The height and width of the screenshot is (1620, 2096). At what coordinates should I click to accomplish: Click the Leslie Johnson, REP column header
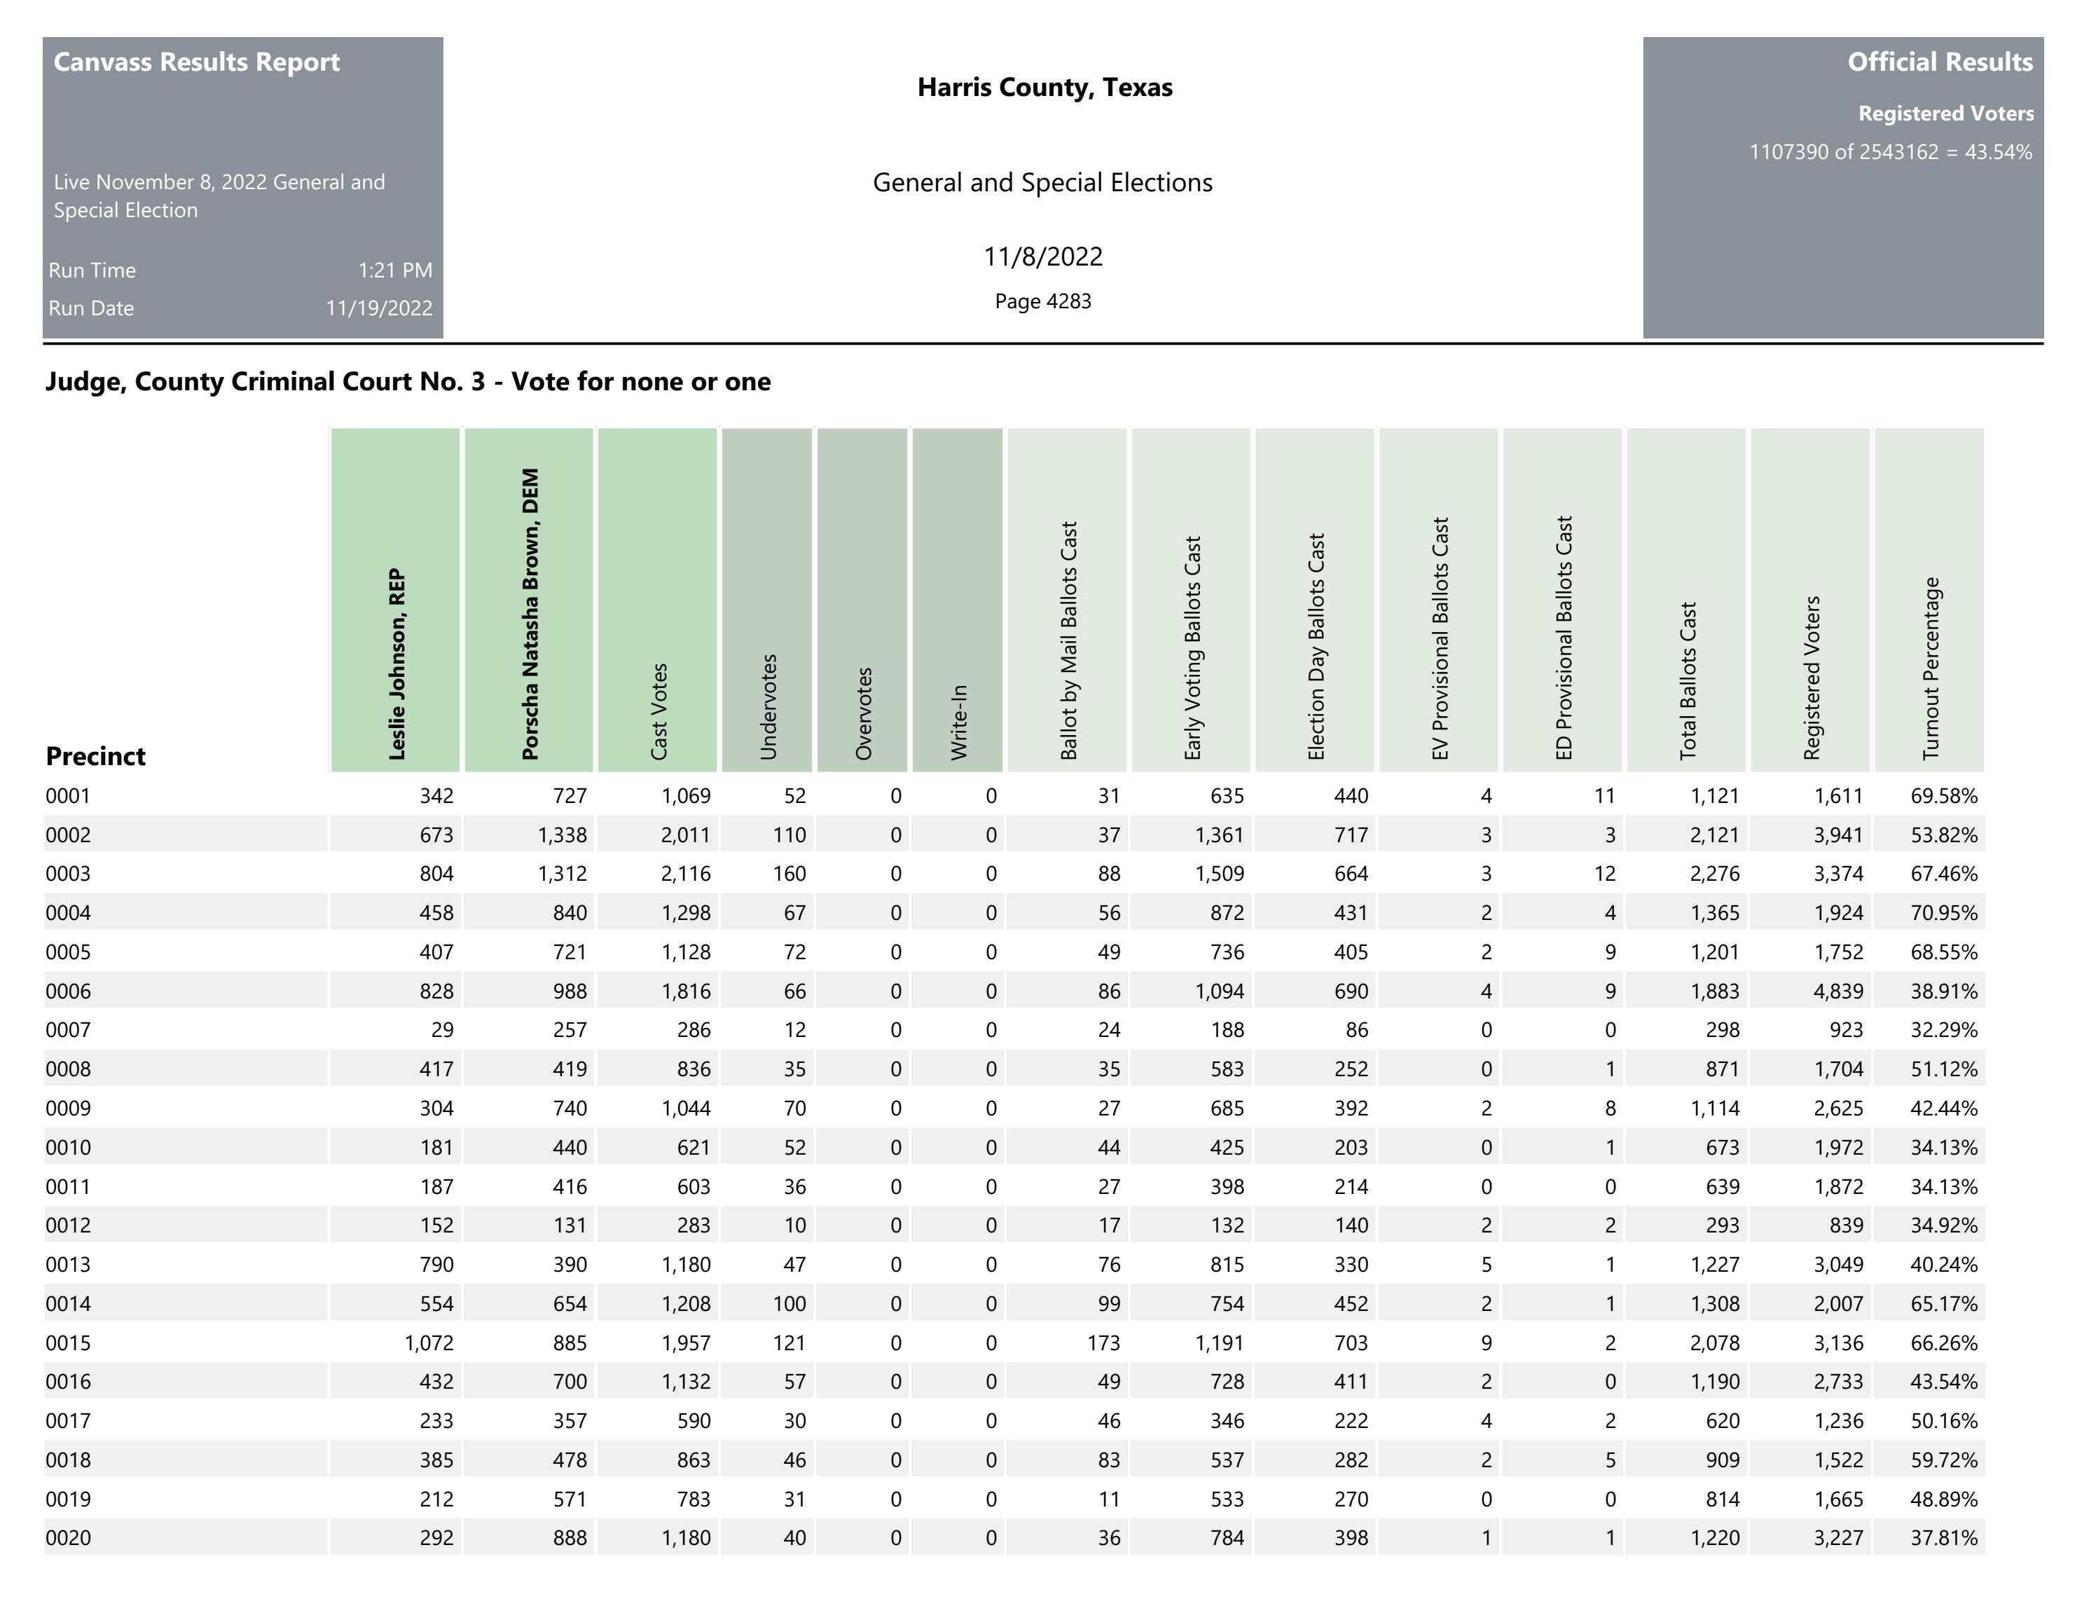click(395, 664)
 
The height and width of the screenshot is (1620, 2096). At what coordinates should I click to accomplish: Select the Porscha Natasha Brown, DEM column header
click(529, 615)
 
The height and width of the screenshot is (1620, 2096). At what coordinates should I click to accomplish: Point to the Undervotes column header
click(768, 706)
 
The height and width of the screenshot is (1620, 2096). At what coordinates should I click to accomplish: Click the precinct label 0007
click(68, 1031)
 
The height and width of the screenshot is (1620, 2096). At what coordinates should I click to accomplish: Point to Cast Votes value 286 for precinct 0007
click(693, 1031)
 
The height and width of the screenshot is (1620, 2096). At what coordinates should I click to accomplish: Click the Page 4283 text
click(1042, 301)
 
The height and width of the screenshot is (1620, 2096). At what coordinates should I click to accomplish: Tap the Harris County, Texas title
click(1044, 88)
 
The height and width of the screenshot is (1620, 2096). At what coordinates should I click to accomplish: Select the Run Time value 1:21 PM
click(394, 270)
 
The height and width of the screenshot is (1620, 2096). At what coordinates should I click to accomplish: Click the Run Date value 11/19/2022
click(378, 308)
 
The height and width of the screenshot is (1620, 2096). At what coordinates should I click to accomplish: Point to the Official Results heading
click(1940, 62)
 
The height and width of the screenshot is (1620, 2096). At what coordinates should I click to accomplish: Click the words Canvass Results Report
click(197, 62)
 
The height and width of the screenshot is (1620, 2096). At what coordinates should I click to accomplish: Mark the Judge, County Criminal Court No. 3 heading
click(407, 382)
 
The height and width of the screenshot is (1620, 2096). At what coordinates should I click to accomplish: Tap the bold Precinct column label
click(95, 756)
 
